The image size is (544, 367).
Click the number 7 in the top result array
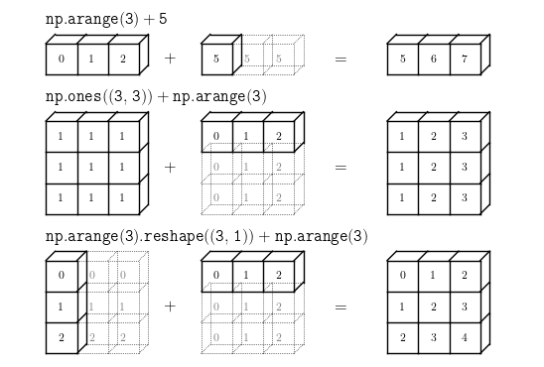[465, 59]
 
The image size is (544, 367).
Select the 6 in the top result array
[434, 59]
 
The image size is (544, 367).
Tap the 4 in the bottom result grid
[465, 337]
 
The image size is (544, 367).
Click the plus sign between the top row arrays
[170, 59]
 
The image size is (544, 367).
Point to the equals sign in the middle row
[340, 168]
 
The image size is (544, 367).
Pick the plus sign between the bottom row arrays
[170, 306]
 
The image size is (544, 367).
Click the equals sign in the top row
[340, 60]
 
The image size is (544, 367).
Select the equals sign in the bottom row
[340, 307]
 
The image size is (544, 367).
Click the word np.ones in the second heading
[73, 96]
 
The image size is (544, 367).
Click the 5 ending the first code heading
[163, 19]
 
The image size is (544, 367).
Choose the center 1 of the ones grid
[91, 167]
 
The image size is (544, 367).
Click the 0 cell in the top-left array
[62, 60]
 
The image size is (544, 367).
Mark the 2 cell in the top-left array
[124, 60]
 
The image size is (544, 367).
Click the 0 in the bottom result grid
[402, 275]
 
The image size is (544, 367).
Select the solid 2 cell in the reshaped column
[62, 338]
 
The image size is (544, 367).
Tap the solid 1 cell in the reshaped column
[62, 307]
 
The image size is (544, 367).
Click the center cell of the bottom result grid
[434, 307]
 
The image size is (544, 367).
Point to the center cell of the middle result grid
[434, 168]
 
